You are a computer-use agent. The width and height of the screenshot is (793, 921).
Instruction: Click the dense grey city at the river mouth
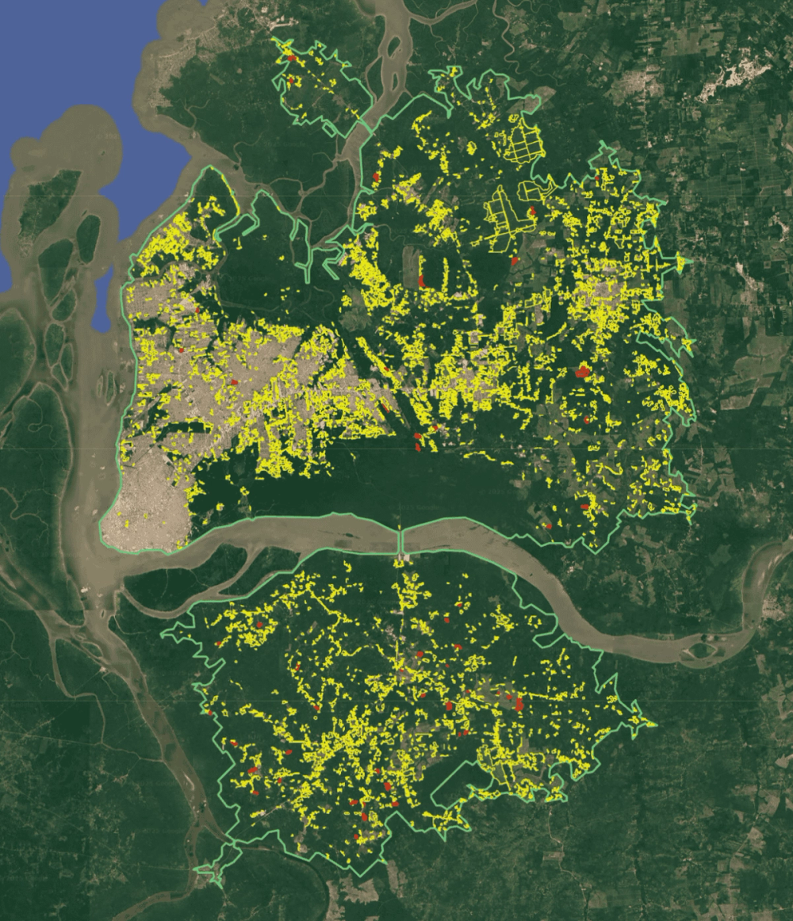pos(147,507)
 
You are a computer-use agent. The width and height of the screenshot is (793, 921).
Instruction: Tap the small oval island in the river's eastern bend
pos(702,650)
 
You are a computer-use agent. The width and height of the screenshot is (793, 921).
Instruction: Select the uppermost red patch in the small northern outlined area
pos(291,59)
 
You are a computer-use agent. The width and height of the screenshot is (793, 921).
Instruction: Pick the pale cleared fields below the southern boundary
pos(357,892)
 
